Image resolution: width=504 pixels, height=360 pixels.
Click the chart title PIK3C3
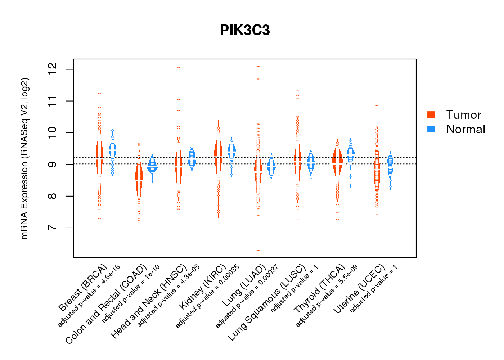coord(245,31)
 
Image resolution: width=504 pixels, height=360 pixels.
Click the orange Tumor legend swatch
coord(431,114)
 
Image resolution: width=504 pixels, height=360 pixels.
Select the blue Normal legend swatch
coord(431,129)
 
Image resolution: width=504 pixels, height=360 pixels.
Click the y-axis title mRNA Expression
coord(24,158)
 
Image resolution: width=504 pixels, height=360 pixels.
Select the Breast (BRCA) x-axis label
coord(83,288)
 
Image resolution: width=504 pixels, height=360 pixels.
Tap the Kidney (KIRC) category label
coord(203,287)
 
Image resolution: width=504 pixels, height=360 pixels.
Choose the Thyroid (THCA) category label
coord(320,289)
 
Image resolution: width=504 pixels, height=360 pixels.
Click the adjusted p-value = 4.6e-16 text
coord(89,296)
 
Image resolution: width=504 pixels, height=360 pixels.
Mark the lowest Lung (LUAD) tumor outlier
coord(258,250)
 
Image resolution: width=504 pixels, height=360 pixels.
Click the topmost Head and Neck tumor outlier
coord(179,67)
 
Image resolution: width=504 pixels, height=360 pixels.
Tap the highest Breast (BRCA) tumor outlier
coord(99,93)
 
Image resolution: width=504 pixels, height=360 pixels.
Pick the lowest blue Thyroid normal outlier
coord(350,186)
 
